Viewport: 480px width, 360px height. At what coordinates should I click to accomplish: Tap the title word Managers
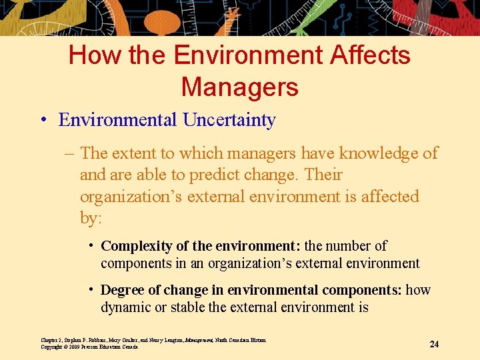click(239, 87)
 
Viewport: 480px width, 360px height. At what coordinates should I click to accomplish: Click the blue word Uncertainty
click(229, 120)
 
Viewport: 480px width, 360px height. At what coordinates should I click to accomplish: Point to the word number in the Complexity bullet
click(347, 246)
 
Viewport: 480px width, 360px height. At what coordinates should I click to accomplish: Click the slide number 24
click(434, 344)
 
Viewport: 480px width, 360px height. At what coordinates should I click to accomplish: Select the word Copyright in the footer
click(52, 347)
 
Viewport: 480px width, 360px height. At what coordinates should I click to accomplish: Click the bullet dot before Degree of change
click(91, 290)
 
